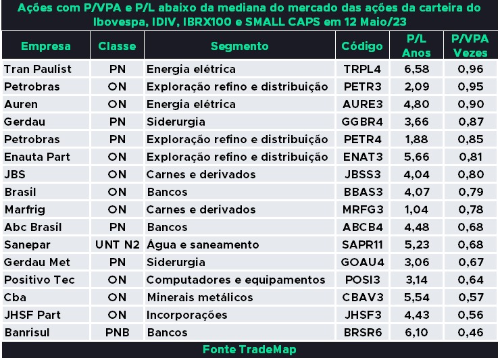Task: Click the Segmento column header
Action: [239, 47]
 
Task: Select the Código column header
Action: [362, 47]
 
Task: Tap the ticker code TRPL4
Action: [362, 70]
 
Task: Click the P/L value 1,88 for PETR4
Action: [416, 140]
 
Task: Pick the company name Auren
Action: [20, 105]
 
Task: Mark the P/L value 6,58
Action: [416, 70]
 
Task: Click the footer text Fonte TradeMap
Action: [249, 350]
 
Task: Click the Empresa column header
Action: [45, 47]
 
